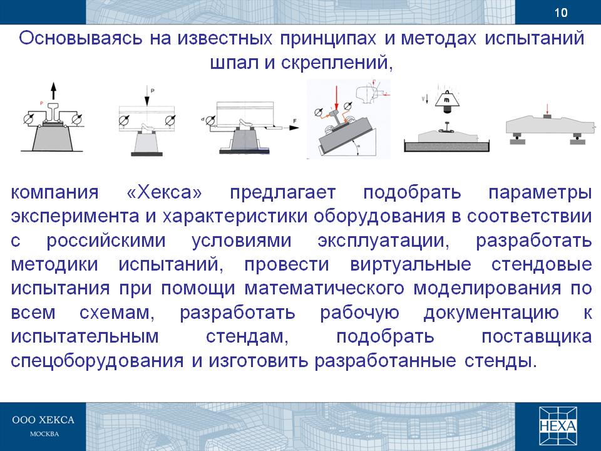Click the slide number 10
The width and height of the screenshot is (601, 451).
561,13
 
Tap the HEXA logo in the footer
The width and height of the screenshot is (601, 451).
558,426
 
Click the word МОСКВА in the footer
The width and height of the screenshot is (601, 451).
44,434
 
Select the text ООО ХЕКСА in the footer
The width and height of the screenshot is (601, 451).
43,420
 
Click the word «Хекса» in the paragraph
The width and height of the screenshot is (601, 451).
164,192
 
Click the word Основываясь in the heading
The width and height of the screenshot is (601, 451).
81,38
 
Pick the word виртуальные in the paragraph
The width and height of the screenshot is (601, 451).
411,264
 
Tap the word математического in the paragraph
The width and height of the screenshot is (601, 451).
324,288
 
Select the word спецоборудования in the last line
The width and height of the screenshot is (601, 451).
97,361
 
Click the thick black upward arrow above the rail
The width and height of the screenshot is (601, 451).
54,91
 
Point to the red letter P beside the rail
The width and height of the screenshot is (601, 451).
42,103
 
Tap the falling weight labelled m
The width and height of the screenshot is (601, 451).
446,100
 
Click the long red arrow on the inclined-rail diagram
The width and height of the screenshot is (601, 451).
336,98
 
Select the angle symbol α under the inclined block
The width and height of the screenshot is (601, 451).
359,146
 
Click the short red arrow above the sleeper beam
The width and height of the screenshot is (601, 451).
547,108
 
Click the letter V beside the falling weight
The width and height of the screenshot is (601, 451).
423,99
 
